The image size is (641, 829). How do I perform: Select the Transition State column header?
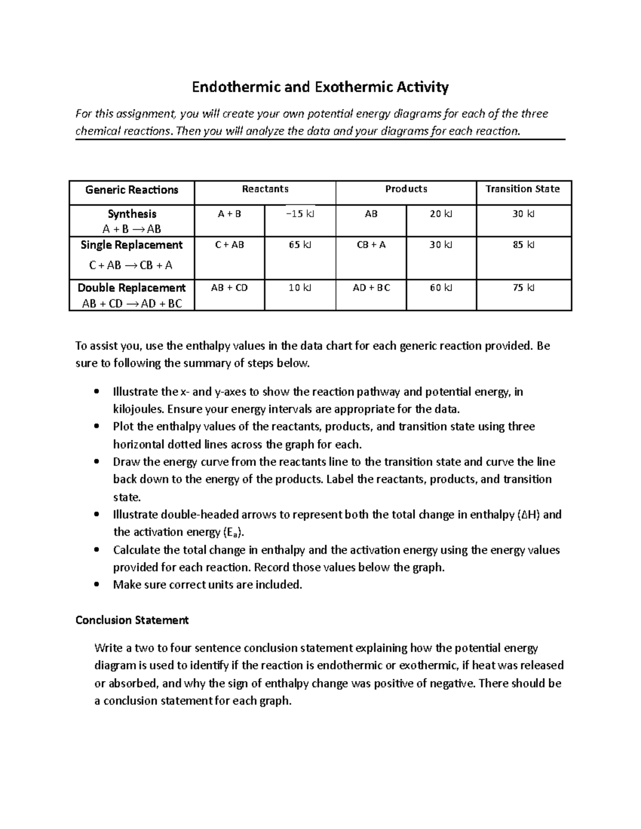(522, 189)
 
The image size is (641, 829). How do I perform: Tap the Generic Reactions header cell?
(132, 190)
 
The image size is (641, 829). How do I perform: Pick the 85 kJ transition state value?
(523, 245)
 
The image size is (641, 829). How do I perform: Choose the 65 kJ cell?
(300, 245)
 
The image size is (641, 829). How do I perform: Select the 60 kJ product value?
(441, 288)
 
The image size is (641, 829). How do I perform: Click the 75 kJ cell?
(523, 288)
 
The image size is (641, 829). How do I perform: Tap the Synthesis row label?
(132, 214)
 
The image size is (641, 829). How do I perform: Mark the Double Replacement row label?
(132, 288)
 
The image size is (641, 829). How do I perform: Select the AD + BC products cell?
(371, 288)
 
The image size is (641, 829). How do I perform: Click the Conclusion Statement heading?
(132, 620)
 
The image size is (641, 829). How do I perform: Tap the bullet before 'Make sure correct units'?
(96, 585)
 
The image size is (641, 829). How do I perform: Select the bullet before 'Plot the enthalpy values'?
(96, 427)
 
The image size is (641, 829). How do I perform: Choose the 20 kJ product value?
(441, 214)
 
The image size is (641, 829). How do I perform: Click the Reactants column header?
(265, 189)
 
